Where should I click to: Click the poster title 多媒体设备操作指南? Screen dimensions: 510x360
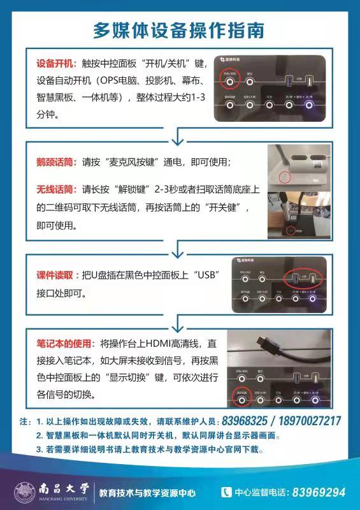coord(179,30)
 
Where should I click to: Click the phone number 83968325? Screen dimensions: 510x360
coord(244,421)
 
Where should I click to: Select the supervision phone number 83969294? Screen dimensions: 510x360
coord(319,492)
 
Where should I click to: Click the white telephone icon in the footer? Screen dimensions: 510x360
coord(226,492)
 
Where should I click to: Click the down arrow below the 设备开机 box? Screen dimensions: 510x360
coord(178,135)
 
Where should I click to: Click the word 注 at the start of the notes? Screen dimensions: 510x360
coord(25,422)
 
